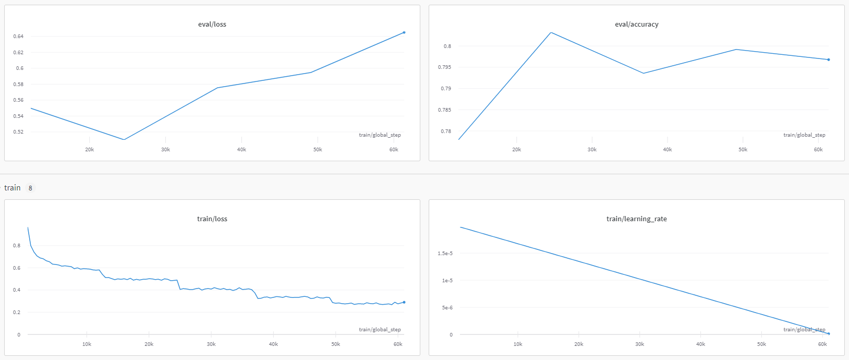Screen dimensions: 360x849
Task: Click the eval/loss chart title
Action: (x=212, y=25)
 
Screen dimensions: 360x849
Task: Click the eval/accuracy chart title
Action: (x=636, y=25)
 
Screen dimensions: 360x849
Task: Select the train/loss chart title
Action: (x=212, y=219)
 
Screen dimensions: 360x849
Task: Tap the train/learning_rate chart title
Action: (x=636, y=219)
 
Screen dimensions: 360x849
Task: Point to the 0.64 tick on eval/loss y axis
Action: (x=18, y=37)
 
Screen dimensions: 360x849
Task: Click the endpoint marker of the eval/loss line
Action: (x=404, y=32)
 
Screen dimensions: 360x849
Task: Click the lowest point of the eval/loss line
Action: (x=124, y=139)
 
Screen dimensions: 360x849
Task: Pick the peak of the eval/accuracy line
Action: (x=551, y=32)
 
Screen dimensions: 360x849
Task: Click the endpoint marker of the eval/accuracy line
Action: (x=829, y=59)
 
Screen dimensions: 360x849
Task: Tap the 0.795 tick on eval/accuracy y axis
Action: (x=444, y=67)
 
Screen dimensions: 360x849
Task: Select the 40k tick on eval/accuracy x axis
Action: (x=668, y=150)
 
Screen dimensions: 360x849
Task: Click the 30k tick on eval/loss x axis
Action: (x=165, y=150)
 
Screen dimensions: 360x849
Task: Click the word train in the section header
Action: (x=13, y=188)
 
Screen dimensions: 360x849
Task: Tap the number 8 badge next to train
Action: (x=30, y=188)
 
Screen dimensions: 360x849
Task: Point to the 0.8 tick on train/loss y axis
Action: (x=17, y=246)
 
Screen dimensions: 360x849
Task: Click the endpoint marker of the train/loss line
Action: (x=404, y=302)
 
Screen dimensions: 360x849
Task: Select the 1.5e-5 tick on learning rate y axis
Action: (x=445, y=254)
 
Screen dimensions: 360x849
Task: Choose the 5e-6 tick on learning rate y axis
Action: (x=447, y=308)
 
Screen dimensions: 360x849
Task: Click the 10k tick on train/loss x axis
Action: (x=87, y=344)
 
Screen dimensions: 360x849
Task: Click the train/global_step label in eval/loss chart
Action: (x=380, y=135)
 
